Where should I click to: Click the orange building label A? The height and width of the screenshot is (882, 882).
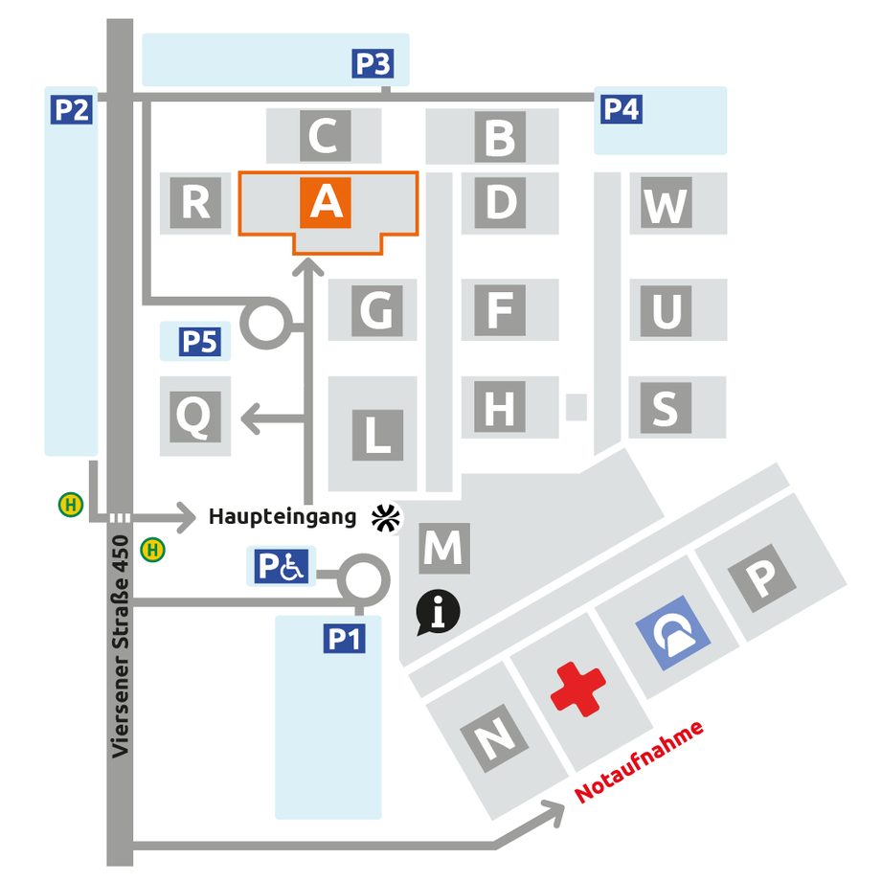pos(326,202)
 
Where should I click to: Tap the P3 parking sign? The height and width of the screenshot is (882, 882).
pos(373,63)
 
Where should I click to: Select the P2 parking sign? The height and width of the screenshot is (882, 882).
pos(72,110)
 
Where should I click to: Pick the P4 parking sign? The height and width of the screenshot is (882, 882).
pos(621,109)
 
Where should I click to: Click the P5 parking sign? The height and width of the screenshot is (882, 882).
pos(200,342)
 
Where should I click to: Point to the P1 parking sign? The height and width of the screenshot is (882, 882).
pos(344,639)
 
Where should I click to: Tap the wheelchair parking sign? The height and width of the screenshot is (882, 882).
pos(281,566)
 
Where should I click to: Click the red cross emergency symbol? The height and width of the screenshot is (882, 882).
pos(577,690)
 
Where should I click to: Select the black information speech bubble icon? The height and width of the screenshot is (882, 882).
pos(438,612)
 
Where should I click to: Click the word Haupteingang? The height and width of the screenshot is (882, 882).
pos(283,517)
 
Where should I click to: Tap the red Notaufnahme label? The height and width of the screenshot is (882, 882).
pos(639,761)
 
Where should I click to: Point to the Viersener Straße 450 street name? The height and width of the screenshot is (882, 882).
pos(121,646)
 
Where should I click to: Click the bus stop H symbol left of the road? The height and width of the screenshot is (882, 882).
pos(71,505)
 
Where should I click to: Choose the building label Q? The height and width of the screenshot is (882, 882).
pos(194,417)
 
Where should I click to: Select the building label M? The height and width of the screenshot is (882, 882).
pos(444,548)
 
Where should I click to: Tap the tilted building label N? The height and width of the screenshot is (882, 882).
pos(494,738)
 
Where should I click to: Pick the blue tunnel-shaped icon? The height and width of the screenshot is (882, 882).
pos(672,633)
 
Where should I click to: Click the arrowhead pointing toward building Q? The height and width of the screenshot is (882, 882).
pos(250,419)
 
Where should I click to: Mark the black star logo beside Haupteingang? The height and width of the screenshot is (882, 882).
pos(386,518)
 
